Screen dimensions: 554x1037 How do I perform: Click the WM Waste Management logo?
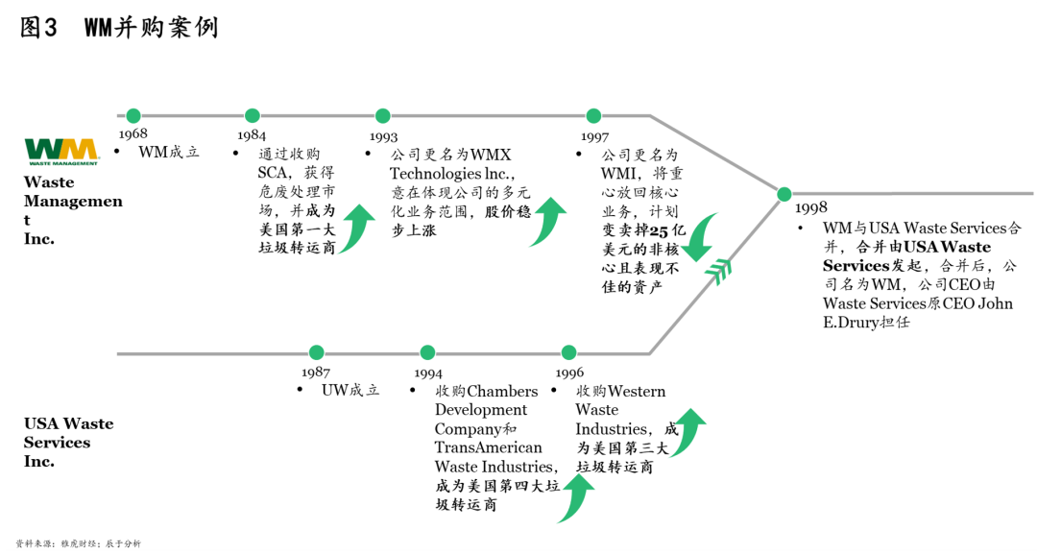click(x=61, y=151)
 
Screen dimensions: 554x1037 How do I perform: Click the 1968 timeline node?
click(x=133, y=116)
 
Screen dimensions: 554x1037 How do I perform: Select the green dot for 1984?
click(x=253, y=116)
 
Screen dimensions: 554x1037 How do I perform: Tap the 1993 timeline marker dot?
click(x=383, y=116)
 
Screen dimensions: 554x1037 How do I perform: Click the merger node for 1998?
click(x=784, y=194)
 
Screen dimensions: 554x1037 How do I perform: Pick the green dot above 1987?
click(x=316, y=353)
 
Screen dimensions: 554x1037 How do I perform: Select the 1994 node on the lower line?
click(x=428, y=353)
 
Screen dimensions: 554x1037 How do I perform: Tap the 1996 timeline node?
click(x=568, y=353)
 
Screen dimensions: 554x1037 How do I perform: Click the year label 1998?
click(x=810, y=208)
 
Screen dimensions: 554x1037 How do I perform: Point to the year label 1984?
click(x=252, y=135)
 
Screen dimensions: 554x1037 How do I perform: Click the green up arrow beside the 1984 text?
click(x=356, y=229)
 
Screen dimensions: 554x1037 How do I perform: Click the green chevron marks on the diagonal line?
click(x=718, y=271)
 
